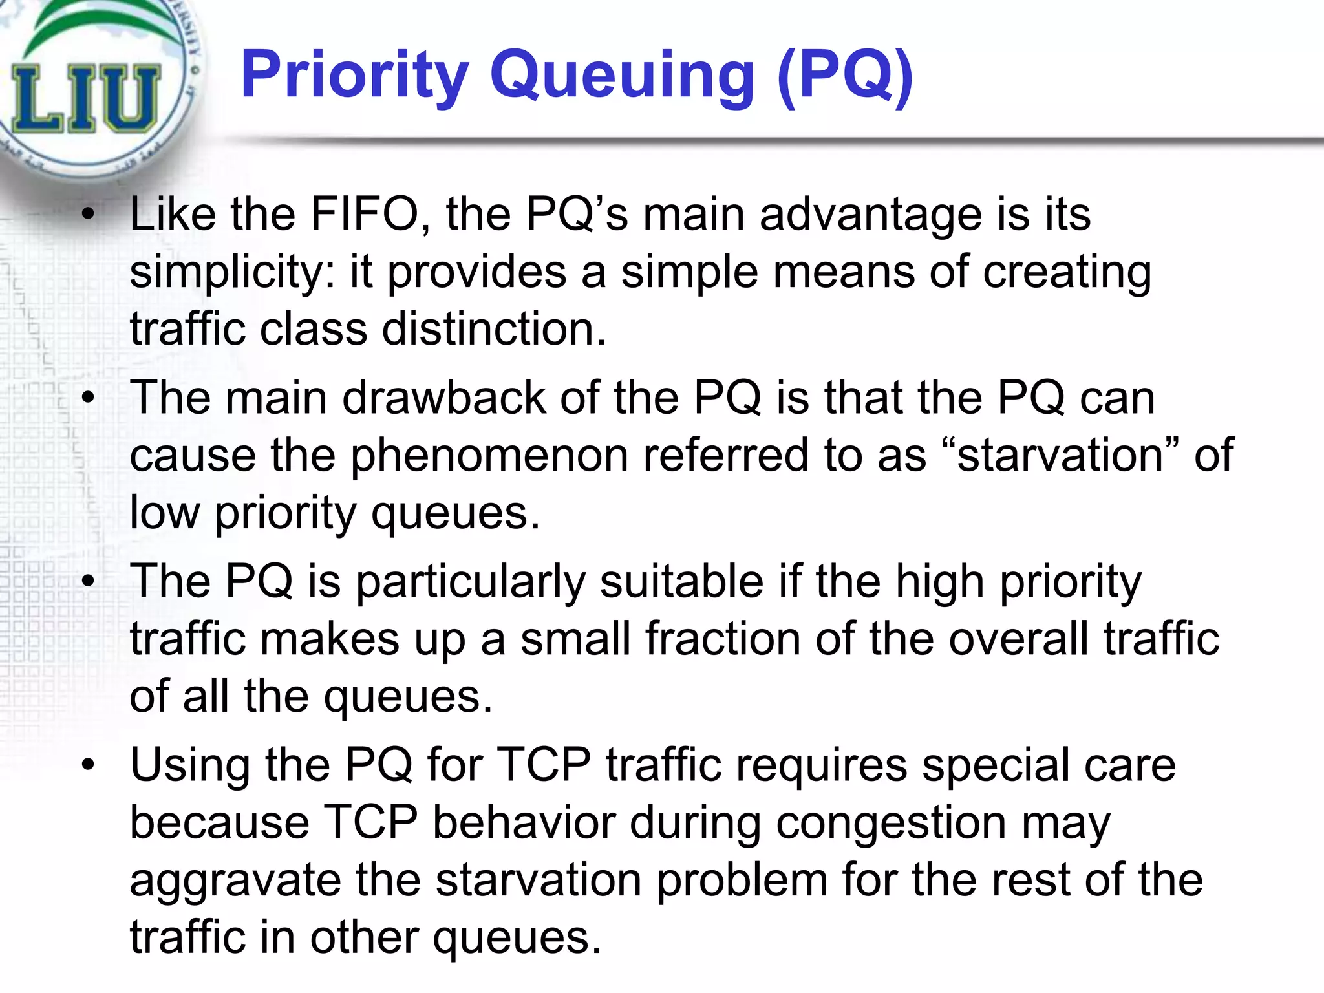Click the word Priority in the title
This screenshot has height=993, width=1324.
(x=354, y=76)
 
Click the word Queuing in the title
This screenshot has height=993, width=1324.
(x=622, y=76)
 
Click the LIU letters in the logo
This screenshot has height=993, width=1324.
(x=84, y=100)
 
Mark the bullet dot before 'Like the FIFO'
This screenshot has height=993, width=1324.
(x=89, y=215)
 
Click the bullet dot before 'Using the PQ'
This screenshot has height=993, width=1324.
(x=89, y=765)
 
